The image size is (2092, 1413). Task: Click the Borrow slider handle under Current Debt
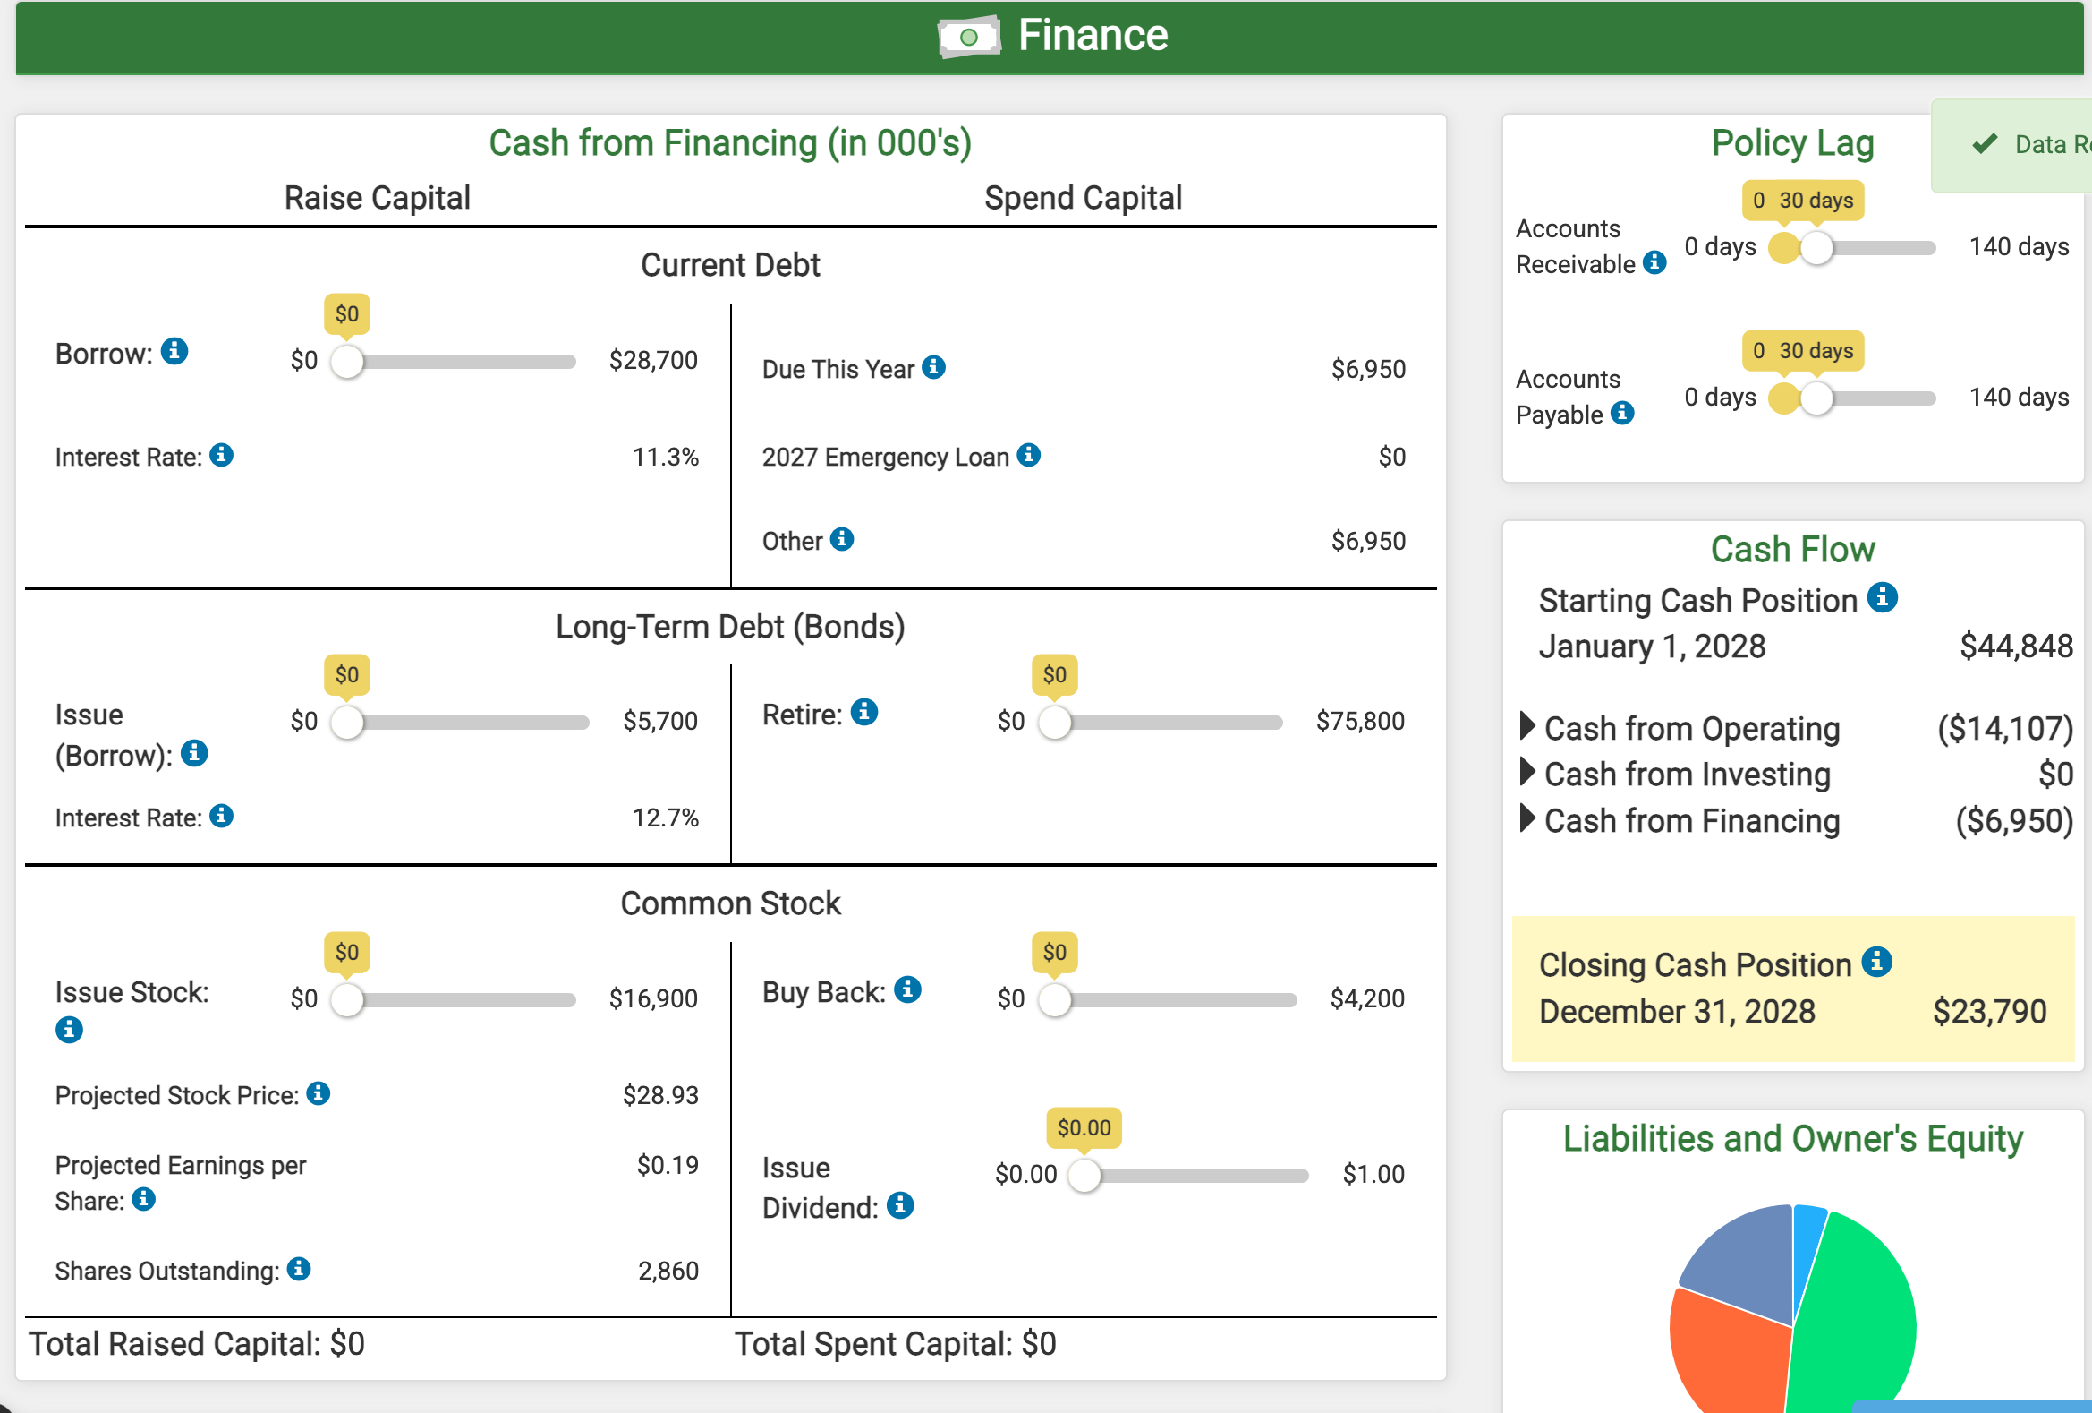tap(346, 361)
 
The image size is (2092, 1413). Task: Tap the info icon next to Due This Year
tap(933, 367)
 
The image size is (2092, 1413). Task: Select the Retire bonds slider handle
tap(1054, 723)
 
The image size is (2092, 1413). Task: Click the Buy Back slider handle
tap(1054, 999)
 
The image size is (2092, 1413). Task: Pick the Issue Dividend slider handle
tap(1084, 1175)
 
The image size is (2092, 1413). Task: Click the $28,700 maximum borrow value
tap(652, 360)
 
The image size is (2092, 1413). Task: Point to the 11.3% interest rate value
tap(665, 458)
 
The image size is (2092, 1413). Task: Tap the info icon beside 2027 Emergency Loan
tap(1028, 456)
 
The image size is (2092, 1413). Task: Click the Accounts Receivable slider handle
tap(1816, 248)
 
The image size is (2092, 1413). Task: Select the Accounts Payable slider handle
tap(1816, 398)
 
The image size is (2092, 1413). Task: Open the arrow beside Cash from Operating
tap(1526, 726)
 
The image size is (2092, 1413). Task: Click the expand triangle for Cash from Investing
tap(1526, 772)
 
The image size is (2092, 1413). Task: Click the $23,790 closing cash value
tap(1989, 1012)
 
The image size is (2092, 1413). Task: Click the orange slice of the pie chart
tap(1724, 1351)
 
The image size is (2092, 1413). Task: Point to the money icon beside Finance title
tap(968, 37)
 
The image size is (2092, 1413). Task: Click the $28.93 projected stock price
tap(659, 1096)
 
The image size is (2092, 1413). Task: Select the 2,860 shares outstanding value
tap(668, 1272)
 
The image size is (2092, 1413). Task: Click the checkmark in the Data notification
tap(1984, 144)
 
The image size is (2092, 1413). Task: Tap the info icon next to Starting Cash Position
tap(1883, 597)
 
